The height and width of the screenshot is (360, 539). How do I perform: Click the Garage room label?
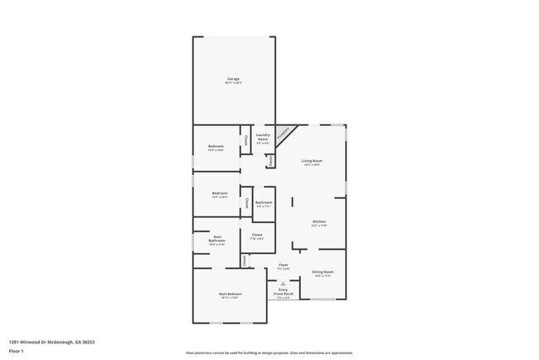(233, 80)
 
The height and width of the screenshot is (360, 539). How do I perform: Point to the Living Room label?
(311, 162)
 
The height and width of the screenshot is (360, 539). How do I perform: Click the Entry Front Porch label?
(284, 292)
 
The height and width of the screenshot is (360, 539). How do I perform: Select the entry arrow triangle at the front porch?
(284, 282)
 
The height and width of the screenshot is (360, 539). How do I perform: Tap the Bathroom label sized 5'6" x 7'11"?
(264, 204)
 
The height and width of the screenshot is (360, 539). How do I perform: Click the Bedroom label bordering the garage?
(216, 147)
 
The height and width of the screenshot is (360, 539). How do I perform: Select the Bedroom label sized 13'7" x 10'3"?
(219, 195)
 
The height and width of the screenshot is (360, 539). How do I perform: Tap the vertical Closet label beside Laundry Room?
(245, 139)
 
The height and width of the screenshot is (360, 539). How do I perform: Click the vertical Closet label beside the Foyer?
(245, 260)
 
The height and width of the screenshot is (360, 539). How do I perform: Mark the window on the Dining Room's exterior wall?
(322, 299)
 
